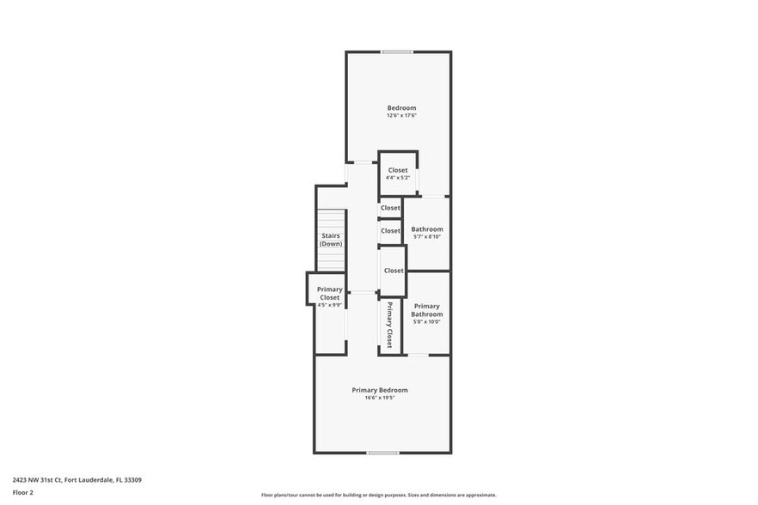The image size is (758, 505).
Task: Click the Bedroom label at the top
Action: pyautogui.click(x=401, y=107)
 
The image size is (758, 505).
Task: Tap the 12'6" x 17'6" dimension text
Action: pyautogui.click(x=401, y=116)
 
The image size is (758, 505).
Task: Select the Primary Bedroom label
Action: pyautogui.click(x=380, y=390)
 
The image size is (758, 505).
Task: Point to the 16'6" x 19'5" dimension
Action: pyautogui.click(x=380, y=398)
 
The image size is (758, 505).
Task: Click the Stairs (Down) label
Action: pyautogui.click(x=331, y=240)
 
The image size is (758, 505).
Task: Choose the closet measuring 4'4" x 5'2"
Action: pyautogui.click(x=398, y=173)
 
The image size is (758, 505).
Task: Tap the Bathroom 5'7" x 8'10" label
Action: pyautogui.click(x=427, y=232)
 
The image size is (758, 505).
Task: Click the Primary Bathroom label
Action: pyautogui.click(x=427, y=310)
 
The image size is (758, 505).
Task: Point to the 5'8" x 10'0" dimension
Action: pyautogui.click(x=427, y=322)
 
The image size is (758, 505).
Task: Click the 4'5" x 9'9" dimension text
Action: pyautogui.click(x=329, y=305)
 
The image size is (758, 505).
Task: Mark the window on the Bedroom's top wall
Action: pyautogui.click(x=397, y=52)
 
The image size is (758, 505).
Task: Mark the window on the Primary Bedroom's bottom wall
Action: pyautogui.click(x=382, y=453)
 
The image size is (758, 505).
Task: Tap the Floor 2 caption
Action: pyautogui.click(x=23, y=493)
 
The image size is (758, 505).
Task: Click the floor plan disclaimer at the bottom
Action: pyautogui.click(x=379, y=496)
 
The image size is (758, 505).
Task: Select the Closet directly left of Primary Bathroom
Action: pyautogui.click(x=394, y=271)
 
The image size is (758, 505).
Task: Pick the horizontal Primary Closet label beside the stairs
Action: pyautogui.click(x=329, y=293)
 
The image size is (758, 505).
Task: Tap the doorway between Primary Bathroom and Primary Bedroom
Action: pyautogui.click(x=417, y=355)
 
